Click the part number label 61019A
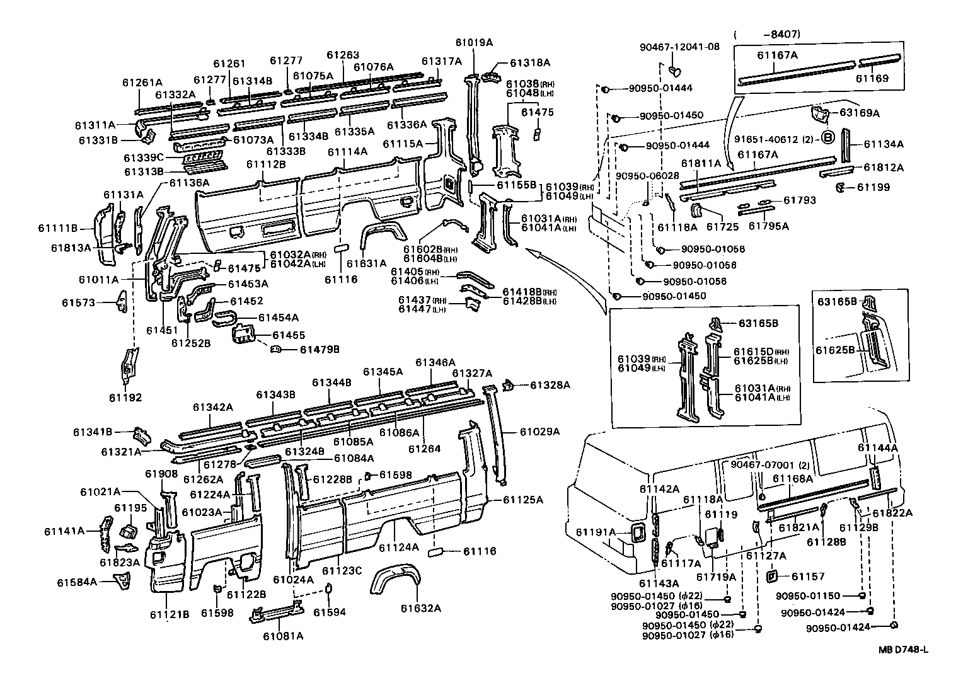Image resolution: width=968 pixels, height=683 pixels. click(x=474, y=42)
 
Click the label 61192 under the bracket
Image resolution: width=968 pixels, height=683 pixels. click(x=126, y=398)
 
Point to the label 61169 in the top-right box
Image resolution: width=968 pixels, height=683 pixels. click(x=872, y=79)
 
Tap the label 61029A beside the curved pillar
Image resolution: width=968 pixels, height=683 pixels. click(x=539, y=432)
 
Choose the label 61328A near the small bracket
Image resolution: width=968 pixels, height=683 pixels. click(x=550, y=384)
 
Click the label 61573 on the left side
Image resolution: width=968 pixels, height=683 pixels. click(x=78, y=302)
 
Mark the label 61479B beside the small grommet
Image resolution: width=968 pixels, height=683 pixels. click(x=320, y=348)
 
